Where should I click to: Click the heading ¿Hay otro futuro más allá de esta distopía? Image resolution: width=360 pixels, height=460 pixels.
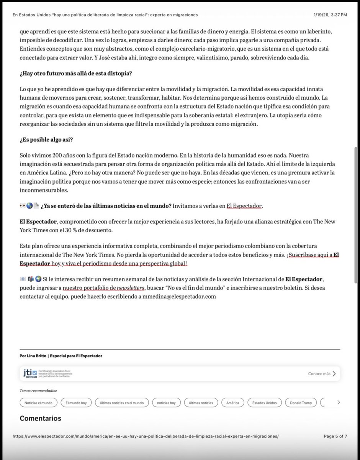pyautogui.click(x=76, y=73)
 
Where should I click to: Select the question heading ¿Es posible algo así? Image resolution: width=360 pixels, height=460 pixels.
pyautogui.click(x=46, y=140)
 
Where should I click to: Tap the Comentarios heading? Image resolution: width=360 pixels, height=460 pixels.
pyautogui.click(x=40, y=418)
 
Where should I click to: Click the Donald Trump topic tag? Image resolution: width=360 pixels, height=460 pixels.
pyautogui.click(x=301, y=403)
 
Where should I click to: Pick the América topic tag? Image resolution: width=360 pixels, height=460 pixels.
pyautogui.click(x=232, y=403)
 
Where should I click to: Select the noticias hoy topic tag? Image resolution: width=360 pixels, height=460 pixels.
pyautogui.click(x=166, y=403)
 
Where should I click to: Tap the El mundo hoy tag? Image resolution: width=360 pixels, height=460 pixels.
pyautogui.click(x=76, y=403)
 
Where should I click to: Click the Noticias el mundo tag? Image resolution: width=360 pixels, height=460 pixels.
pyautogui.click(x=38, y=403)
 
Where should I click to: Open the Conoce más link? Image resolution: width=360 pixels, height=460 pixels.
pyautogui.click(x=322, y=373)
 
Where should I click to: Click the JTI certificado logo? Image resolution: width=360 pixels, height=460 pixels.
pyautogui.click(x=30, y=373)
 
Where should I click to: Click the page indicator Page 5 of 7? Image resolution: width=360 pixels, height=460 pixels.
pyautogui.click(x=335, y=436)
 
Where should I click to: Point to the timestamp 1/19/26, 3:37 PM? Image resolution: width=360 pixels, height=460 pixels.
pyautogui.click(x=329, y=15)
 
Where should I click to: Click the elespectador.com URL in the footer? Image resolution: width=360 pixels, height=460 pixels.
pyautogui.click(x=146, y=436)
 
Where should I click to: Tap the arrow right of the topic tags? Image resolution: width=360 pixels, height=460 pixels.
pyautogui.click(x=338, y=402)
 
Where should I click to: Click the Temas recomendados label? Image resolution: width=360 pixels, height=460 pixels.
pyautogui.click(x=38, y=391)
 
